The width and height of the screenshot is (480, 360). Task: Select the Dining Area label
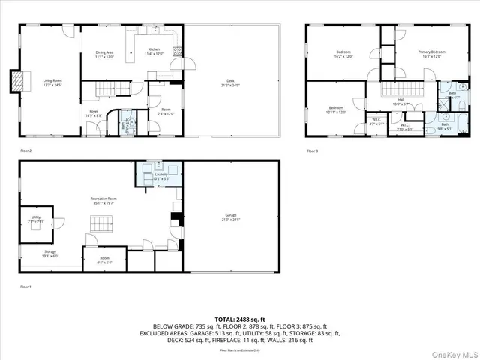104,54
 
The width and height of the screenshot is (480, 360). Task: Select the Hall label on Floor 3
400,100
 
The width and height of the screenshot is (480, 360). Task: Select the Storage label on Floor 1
49,253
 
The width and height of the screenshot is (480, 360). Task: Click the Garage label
231,217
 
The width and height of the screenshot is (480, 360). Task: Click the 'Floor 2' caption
26,151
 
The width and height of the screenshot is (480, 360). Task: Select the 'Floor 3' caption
312,151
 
